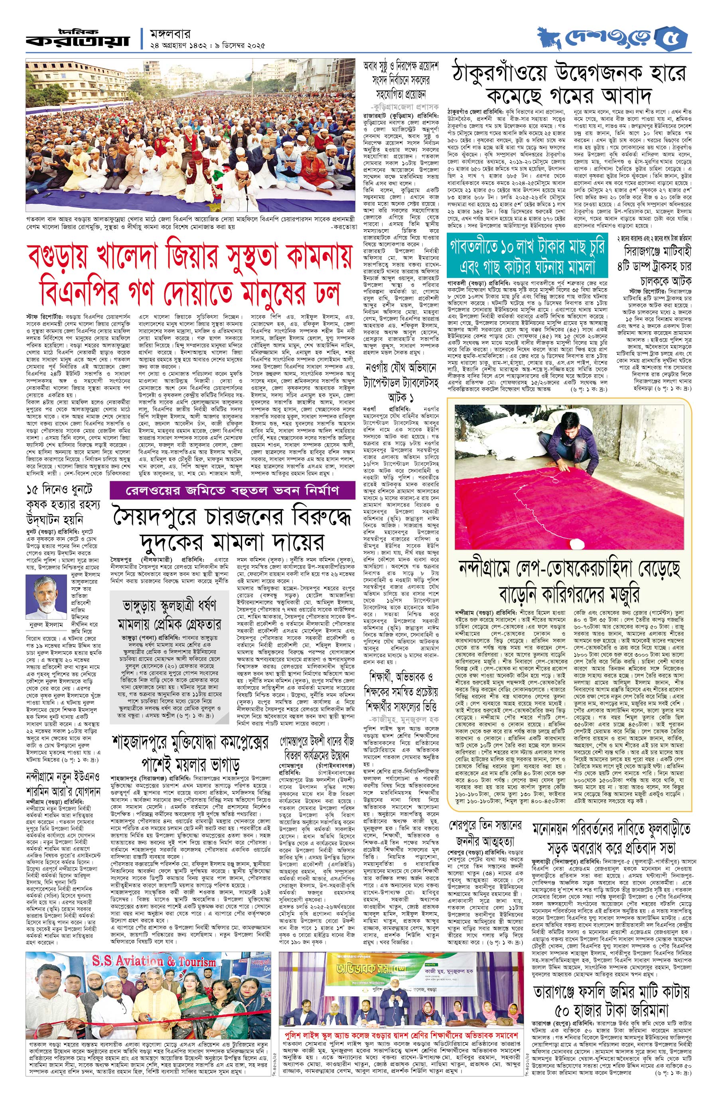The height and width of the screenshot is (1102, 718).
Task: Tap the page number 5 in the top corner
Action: point(678,38)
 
